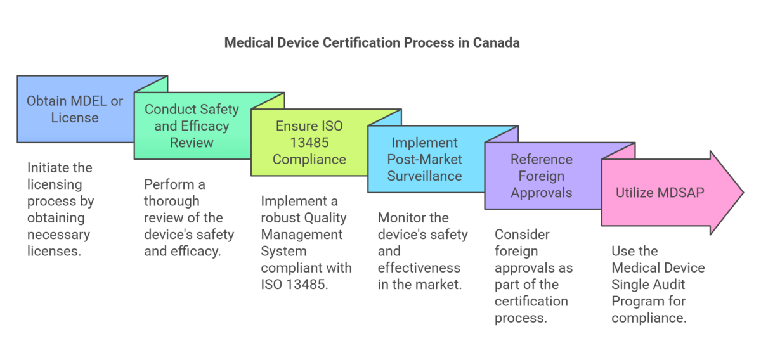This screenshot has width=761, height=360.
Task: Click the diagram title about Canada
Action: (x=372, y=43)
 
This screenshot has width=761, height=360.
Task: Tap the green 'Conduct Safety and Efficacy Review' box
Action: (x=192, y=125)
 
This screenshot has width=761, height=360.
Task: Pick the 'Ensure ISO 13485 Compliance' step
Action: (x=309, y=142)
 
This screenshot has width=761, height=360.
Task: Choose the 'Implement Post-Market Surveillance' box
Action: (x=426, y=159)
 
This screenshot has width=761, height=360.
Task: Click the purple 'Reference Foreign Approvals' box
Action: (x=542, y=176)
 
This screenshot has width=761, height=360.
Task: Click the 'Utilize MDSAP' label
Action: (x=660, y=193)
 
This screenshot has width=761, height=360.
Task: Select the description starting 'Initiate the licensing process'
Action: (x=60, y=209)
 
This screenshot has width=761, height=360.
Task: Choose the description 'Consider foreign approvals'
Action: (x=533, y=276)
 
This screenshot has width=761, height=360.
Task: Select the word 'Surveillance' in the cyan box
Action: (x=426, y=176)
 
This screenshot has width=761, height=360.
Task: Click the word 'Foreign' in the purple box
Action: (x=542, y=176)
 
